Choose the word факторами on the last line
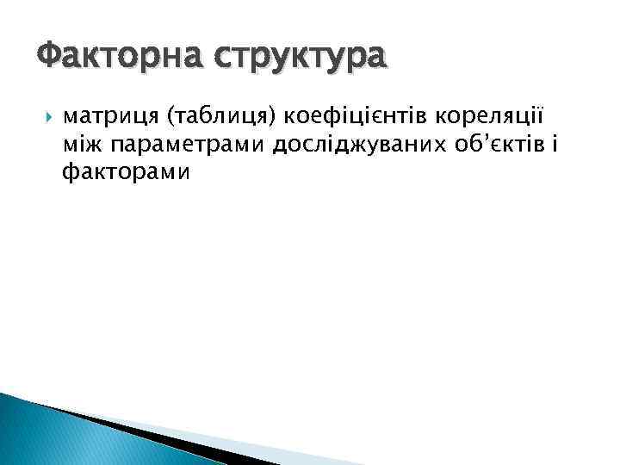pyautogui.click(x=126, y=173)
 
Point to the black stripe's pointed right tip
pyautogui.click(x=258, y=463)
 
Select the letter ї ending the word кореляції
pyautogui.click(x=541, y=115)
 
